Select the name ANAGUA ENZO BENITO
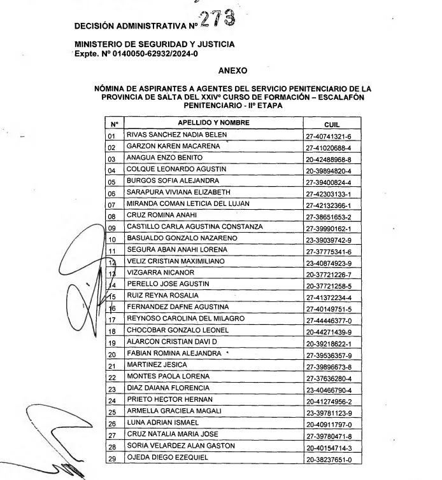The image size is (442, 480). click(x=157, y=158)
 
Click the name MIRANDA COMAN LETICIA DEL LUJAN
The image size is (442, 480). click(x=179, y=203)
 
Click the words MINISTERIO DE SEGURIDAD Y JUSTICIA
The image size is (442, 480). click(x=154, y=44)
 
